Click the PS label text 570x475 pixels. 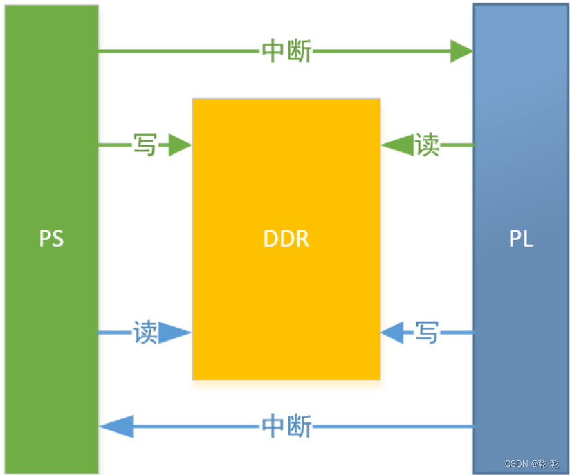click(51, 239)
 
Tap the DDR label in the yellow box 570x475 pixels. click(286, 239)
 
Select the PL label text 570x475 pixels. click(521, 239)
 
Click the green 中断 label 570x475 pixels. click(286, 51)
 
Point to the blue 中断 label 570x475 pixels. click(286, 427)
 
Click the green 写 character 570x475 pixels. click(145, 145)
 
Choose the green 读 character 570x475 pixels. click(427, 145)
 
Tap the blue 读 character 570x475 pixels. click(145, 333)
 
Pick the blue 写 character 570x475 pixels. click(427, 333)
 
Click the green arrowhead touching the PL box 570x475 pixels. click(461, 51)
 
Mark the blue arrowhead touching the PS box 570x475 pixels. click(115, 427)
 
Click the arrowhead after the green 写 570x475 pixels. click(178, 145)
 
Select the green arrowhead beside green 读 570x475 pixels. click(395, 145)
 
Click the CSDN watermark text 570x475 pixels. click(532, 463)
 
